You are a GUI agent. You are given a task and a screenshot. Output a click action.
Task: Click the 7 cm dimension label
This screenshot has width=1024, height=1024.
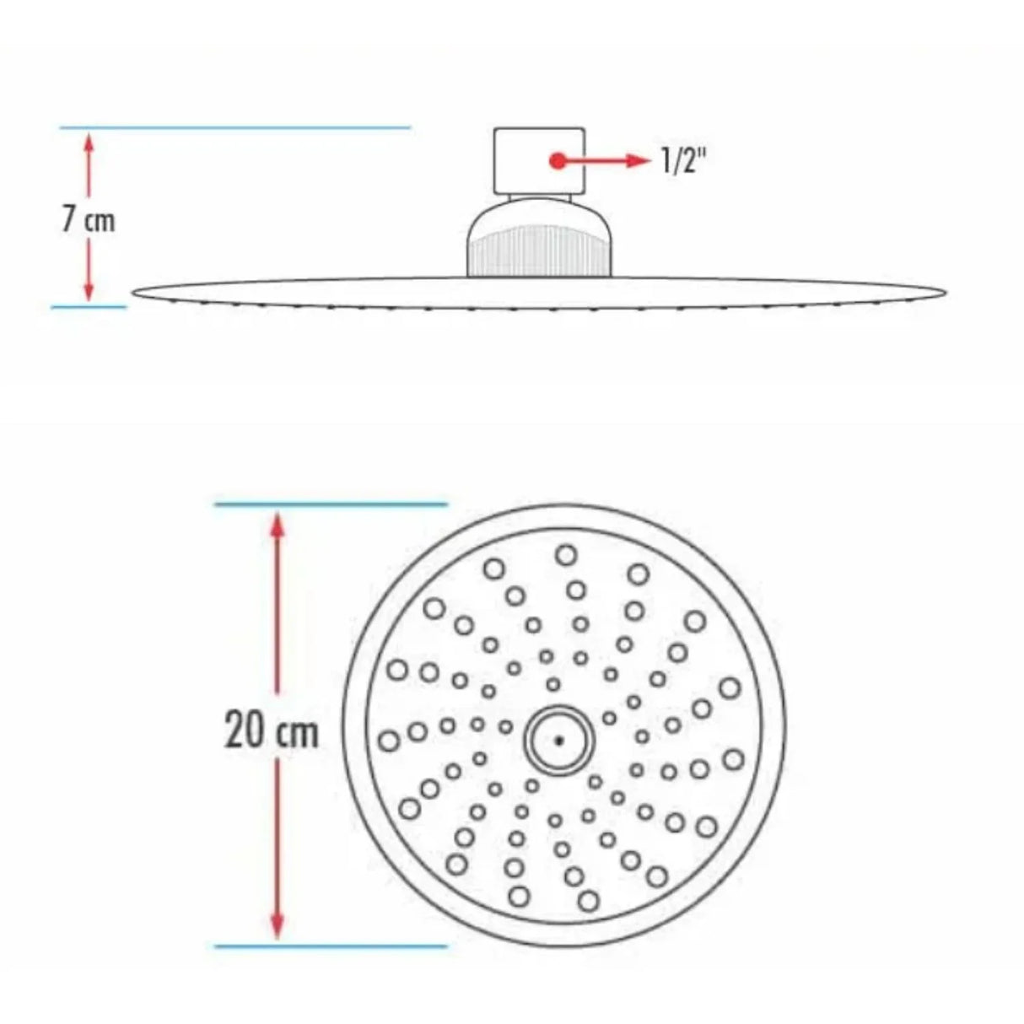(88, 219)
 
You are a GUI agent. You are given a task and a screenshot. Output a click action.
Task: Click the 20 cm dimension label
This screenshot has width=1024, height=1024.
(272, 730)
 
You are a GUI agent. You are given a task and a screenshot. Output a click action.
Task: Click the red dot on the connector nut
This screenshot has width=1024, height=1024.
(557, 160)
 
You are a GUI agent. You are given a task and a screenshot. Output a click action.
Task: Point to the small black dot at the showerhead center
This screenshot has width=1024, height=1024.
(558, 740)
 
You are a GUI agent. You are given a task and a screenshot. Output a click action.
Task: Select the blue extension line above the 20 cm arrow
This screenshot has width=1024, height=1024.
(331, 504)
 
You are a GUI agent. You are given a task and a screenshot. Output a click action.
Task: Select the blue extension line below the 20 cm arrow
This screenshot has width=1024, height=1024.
(331, 946)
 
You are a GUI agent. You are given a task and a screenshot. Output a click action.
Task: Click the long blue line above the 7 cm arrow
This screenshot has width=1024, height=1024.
(234, 128)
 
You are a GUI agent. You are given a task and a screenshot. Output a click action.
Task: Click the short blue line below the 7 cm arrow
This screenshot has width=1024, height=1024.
(89, 307)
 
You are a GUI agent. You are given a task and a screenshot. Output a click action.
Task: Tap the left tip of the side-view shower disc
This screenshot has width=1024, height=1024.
(135, 292)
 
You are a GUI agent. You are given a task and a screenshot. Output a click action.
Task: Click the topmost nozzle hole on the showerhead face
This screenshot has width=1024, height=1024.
(566, 554)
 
